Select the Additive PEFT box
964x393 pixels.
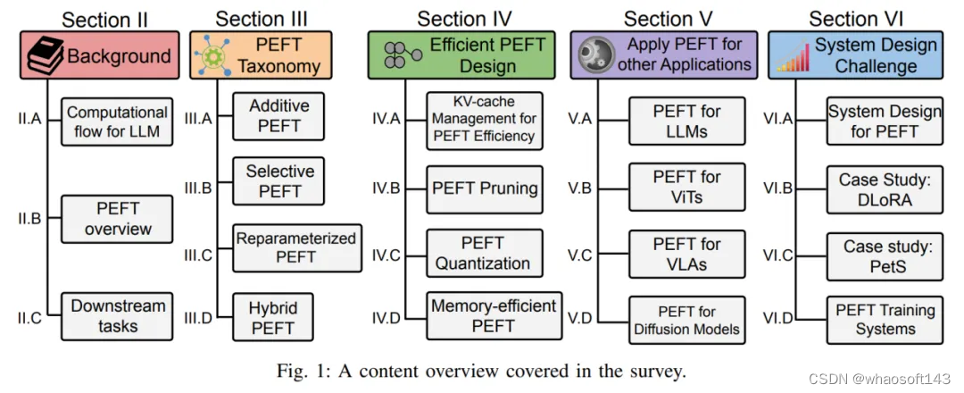279,115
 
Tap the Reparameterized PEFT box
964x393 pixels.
296,247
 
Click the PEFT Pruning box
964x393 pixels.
485,188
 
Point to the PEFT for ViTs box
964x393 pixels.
686,188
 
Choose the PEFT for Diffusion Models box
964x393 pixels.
686,320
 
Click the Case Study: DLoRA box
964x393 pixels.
884,189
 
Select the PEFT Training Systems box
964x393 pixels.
885,320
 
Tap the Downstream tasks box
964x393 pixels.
118,315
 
